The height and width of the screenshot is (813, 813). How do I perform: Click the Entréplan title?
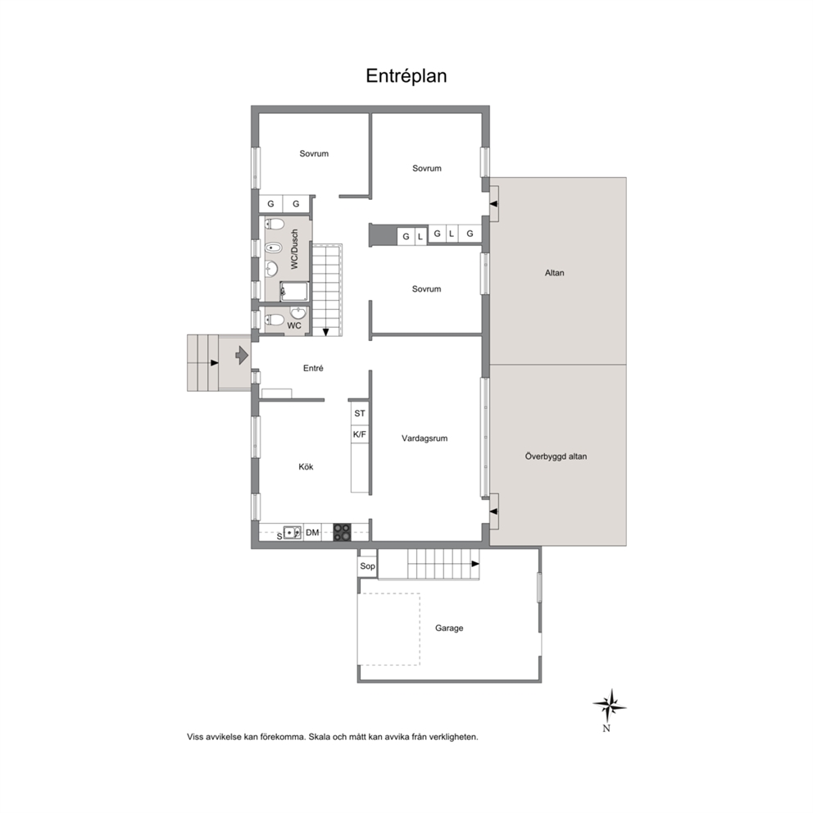pos(406,75)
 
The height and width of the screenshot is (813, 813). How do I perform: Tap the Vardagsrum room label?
pos(425,438)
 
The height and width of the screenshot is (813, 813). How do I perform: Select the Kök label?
pos(306,466)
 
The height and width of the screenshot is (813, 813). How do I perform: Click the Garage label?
pos(449,628)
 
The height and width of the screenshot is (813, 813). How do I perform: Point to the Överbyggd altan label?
pos(556,456)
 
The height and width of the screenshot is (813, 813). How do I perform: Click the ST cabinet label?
pos(359,413)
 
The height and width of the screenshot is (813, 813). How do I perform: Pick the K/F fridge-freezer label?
pos(359,434)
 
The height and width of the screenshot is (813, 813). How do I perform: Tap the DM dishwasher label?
pos(312,533)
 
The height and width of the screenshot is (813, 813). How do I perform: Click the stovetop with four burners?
pos(342,533)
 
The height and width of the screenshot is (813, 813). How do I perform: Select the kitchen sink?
pos(292,533)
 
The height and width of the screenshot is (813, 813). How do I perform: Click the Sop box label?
pos(367,565)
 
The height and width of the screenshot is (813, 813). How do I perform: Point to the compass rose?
pos(609,706)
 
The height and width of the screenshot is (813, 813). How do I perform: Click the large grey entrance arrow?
pos(242,355)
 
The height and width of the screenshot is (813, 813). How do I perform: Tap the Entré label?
pos(313,368)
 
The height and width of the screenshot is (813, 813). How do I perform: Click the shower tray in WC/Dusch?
pos(294,292)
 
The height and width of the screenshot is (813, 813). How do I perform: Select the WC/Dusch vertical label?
pos(294,249)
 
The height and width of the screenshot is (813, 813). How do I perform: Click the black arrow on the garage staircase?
pos(475,564)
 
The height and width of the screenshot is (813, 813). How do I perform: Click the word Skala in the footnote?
pos(320,737)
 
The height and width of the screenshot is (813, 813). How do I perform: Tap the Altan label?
pos(554,273)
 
